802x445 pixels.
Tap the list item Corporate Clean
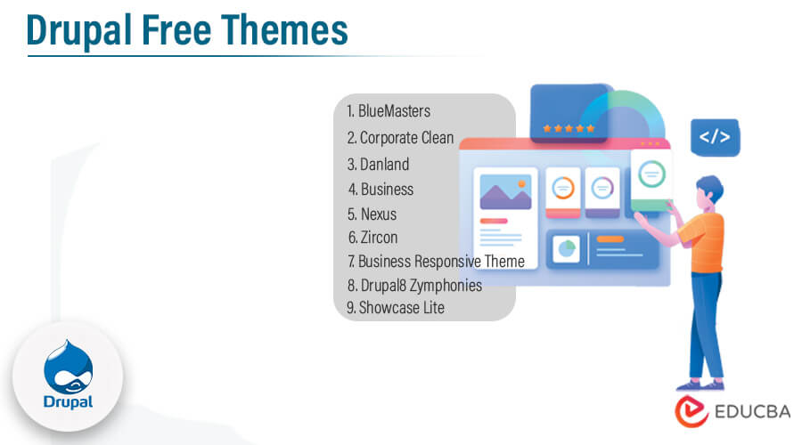tap(400, 138)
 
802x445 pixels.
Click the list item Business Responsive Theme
tap(436, 262)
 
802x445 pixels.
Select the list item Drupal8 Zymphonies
tap(413, 286)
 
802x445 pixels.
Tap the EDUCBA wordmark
tap(745, 414)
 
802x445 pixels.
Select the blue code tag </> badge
tap(715, 137)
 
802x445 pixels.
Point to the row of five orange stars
tap(568, 128)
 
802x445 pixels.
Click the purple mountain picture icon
tap(505, 190)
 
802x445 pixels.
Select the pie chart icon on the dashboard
tap(565, 250)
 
